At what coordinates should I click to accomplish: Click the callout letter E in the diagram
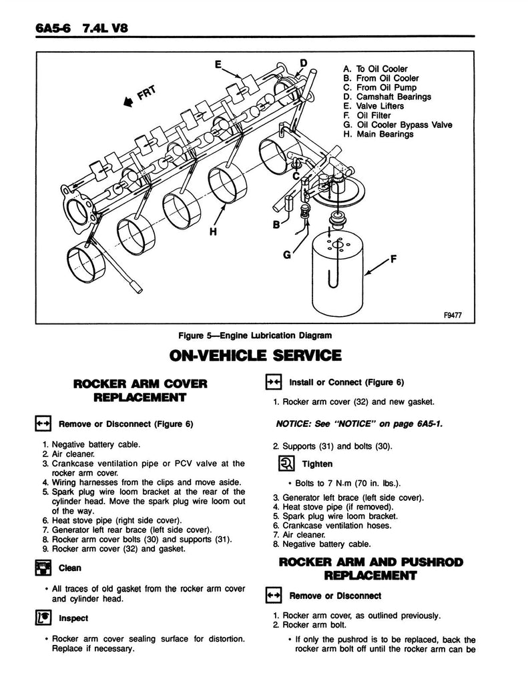coord(218,65)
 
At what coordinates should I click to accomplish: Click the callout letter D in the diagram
coord(304,63)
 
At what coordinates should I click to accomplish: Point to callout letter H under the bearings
coord(213,232)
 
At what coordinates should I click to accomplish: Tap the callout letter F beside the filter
coord(392,261)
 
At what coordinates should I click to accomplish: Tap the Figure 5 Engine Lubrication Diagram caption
coord(255,335)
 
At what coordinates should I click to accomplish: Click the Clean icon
coord(43,568)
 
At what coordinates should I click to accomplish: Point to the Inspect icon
coord(43,618)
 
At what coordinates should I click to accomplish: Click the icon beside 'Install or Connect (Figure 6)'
coord(274,382)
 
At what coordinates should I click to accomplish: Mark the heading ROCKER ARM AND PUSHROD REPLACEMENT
coord(370,568)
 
